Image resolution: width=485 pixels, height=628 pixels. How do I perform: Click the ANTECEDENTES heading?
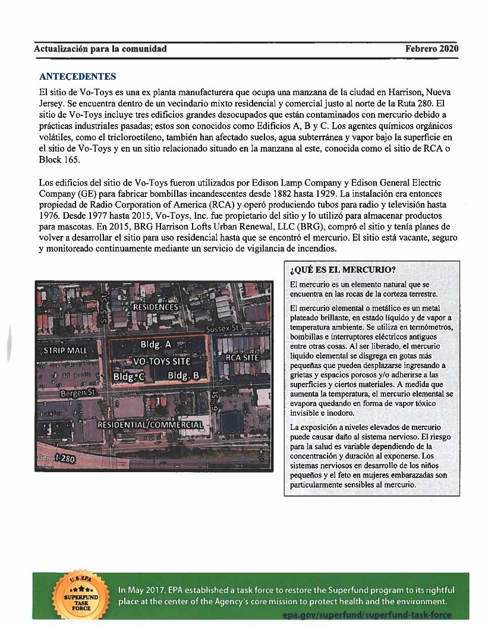click(77, 77)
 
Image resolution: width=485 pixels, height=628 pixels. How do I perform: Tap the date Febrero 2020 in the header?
click(432, 49)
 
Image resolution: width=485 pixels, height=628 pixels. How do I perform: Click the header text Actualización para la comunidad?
click(100, 49)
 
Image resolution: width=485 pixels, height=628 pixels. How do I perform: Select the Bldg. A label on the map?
click(155, 344)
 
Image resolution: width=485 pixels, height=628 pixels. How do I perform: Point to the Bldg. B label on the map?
click(183, 375)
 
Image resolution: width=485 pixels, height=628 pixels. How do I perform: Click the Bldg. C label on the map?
click(129, 376)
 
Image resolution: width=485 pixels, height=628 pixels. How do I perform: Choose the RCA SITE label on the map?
click(242, 358)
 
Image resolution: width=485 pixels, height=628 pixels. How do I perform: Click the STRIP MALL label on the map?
click(65, 350)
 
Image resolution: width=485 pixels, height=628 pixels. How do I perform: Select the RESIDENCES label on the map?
click(155, 307)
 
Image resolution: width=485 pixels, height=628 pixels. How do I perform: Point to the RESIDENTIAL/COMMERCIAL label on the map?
click(150, 425)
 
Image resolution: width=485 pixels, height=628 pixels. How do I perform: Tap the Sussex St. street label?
click(224, 328)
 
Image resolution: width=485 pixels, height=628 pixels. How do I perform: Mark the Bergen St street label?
click(77, 393)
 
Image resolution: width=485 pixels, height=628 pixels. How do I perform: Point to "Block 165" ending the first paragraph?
click(55, 160)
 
